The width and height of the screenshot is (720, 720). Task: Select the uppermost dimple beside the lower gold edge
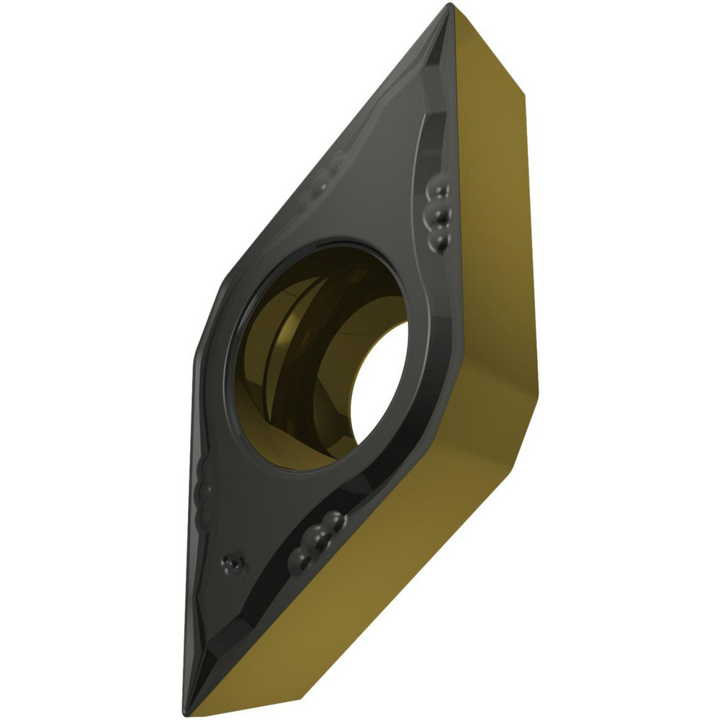pos(331,519)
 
